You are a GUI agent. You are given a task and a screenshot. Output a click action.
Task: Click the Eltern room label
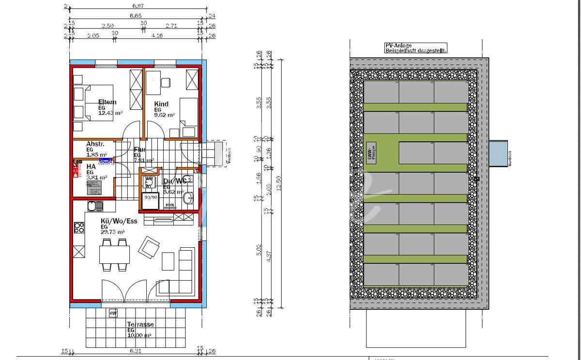pos(107,102)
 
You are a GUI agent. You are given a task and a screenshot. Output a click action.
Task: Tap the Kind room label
pos(161,104)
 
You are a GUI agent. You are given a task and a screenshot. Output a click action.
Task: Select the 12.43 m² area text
pos(110,113)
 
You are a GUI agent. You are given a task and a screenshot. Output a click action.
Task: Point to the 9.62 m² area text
pos(165,115)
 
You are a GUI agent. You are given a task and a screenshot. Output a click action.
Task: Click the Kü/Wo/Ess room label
pos(119,221)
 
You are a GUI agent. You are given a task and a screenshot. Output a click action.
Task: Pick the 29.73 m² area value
pos(112,232)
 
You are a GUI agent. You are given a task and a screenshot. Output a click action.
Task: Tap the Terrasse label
pos(140,324)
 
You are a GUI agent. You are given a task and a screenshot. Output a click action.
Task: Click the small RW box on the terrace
pos(113,313)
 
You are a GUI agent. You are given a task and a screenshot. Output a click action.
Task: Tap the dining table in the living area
pos(115,254)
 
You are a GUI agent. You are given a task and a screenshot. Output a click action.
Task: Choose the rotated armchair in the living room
pos(148,247)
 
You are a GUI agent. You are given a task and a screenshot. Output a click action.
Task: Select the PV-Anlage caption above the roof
pos(415,47)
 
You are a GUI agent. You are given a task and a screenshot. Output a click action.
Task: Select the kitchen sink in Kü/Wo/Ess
pos(95,206)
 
